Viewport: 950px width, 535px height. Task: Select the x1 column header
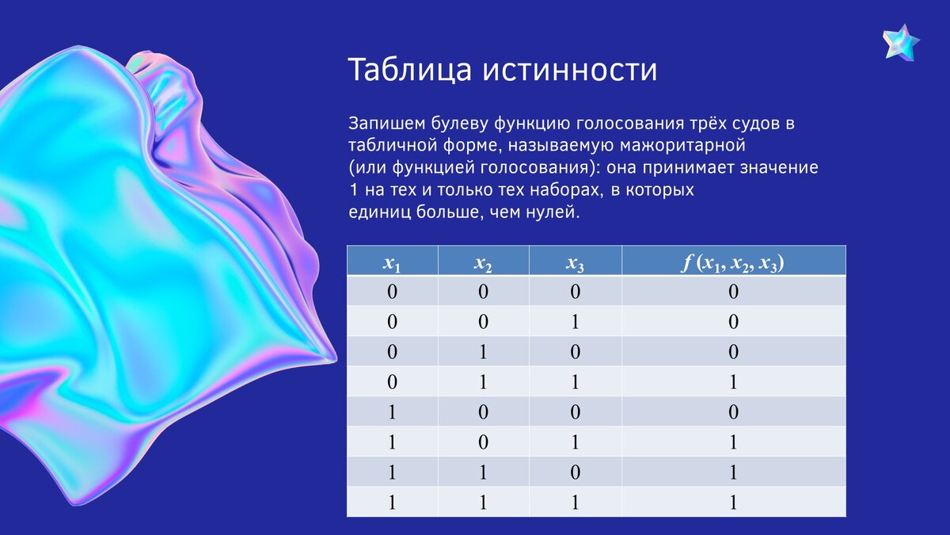pyautogui.click(x=393, y=262)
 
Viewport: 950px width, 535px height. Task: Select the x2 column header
pyautogui.click(x=484, y=262)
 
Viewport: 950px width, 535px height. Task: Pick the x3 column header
pyautogui.click(x=576, y=262)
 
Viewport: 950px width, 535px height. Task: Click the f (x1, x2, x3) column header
pyautogui.click(x=733, y=262)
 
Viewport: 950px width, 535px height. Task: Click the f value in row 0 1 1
pyautogui.click(x=733, y=382)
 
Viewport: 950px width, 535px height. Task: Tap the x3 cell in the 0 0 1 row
pyautogui.click(x=576, y=322)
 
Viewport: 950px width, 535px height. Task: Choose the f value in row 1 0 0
pyautogui.click(x=733, y=412)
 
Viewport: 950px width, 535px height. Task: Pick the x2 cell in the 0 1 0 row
pyautogui.click(x=484, y=352)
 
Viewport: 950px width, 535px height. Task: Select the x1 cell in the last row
pyautogui.click(x=393, y=503)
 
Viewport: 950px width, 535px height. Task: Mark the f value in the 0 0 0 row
pyautogui.click(x=733, y=292)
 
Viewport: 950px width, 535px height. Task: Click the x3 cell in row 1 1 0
pyautogui.click(x=576, y=472)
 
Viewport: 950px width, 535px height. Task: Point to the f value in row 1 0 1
pyautogui.click(x=733, y=442)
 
